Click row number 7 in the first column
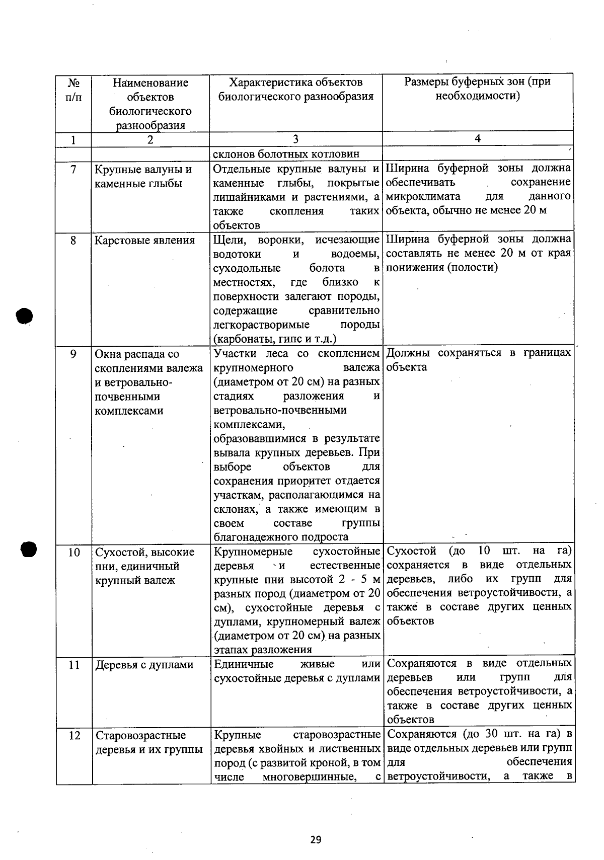[73, 170]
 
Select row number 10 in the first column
[74, 553]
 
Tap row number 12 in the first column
[74, 736]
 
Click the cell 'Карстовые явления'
[144, 241]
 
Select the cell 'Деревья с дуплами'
[144, 665]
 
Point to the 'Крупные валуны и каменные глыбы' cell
[143, 177]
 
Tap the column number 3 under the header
[295, 139]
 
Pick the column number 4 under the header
[477, 139]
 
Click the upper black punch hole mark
[24, 316]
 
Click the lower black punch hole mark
[29, 549]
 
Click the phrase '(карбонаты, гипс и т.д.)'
[275, 339]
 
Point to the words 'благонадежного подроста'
[281, 537]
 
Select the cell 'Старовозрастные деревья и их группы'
[149, 743]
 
